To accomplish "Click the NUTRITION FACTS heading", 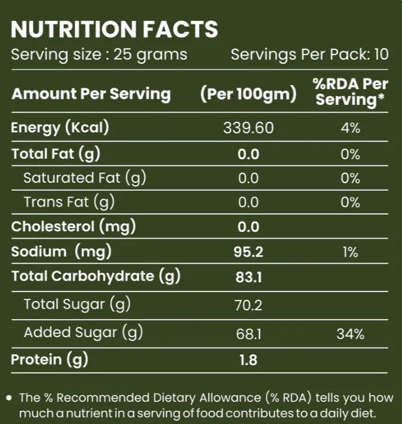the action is [x=114, y=29].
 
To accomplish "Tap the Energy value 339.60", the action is [x=248, y=128].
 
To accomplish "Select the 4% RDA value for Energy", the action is [x=350, y=128].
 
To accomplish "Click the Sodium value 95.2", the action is [x=248, y=252].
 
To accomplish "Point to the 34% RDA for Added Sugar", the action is [x=350, y=334].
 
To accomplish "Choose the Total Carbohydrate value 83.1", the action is [x=248, y=277].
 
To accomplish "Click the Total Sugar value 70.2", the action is [x=248, y=305].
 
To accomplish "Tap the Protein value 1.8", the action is [x=248, y=360].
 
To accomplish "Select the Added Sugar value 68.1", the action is [x=248, y=334].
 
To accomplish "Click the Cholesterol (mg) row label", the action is [x=73, y=227].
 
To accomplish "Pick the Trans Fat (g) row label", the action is [x=69, y=202].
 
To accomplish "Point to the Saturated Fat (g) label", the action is [x=85, y=178].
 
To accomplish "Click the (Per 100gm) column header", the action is [x=248, y=94].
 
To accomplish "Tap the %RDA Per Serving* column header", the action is [x=350, y=92].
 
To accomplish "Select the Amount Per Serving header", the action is [x=91, y=94].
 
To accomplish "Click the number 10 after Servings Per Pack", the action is [x=381, y=54].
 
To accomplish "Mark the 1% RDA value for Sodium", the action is [x=350, y=252].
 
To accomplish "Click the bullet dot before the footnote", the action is [x=9, y=398].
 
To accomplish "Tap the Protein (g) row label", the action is [x=50, y=360].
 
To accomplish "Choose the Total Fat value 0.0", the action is [x=248, y=154].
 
